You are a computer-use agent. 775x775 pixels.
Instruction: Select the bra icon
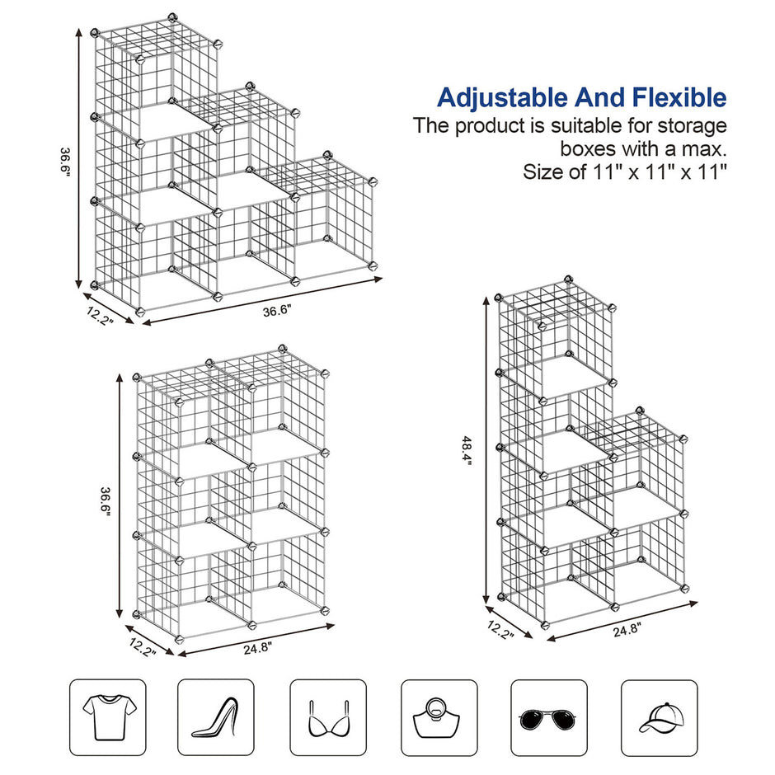[x=327, y=717]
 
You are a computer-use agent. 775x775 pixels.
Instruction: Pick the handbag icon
[x=439, y=717]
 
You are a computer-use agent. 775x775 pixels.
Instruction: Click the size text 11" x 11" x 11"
[x=660, y=173]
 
